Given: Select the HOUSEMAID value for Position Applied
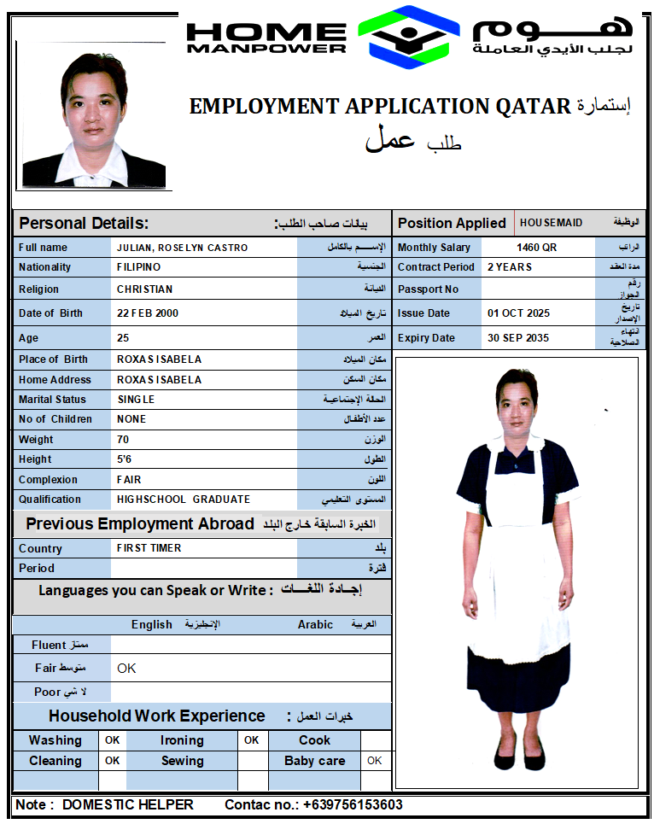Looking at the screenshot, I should (x=551, y=223).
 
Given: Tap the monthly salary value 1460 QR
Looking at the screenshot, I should (x=536, y=248).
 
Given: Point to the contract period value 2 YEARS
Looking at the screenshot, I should (x=510, y=267).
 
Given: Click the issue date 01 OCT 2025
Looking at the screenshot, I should (x=518, y=313).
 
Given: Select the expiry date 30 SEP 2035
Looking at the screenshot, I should (x=518, y=338).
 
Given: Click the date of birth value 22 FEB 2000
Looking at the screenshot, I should (x=148, y=313).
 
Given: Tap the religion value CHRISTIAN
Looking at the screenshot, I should (x=144, y=289).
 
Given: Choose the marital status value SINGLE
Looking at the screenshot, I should (x=136, y=400).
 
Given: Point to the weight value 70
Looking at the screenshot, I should (x=123, y=440).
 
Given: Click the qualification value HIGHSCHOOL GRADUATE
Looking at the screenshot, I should (x=184, y=500).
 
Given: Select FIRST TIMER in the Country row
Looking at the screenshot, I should (x=149, y=548).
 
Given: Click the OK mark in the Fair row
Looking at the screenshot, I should (x=126, y=668).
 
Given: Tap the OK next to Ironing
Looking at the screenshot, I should (x=252, y=740).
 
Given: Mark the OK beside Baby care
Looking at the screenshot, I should (x=374, y=760).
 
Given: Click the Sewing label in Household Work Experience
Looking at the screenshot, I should (x=182, y=761).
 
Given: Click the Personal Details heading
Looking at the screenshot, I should (x=84, y=224).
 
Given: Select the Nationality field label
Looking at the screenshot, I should (x=45, y=267).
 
